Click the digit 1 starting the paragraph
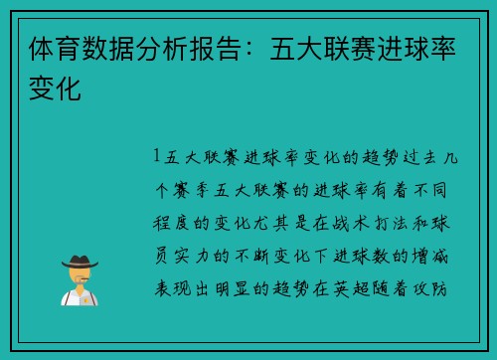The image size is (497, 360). [x=158, y=156]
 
